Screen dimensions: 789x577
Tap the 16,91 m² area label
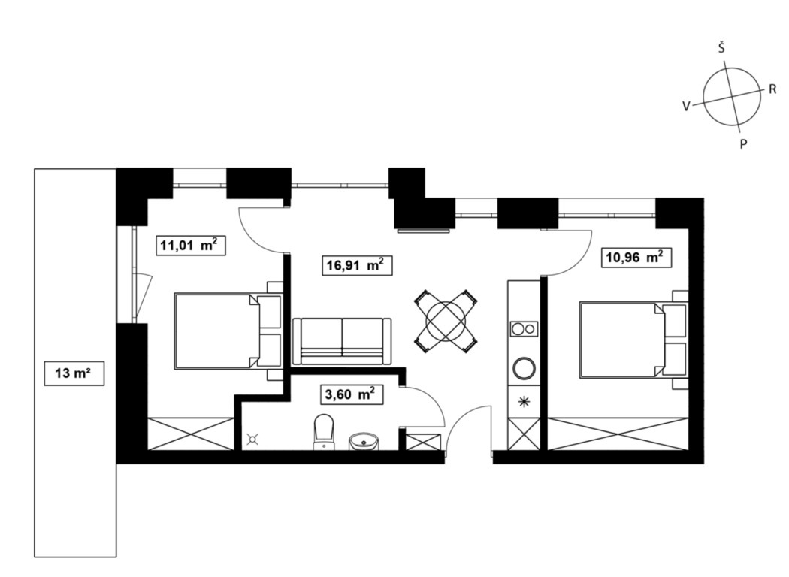[357, 265]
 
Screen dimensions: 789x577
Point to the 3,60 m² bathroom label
[351, 395]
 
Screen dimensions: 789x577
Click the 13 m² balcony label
[74, 373]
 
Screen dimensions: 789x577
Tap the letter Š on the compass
[721, 48]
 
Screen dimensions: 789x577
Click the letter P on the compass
[743, 144]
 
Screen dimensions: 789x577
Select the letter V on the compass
[686, 106]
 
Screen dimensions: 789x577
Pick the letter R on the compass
[772, 89]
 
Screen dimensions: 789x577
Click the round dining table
[446, 321]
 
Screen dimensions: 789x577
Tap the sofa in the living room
[342, 341]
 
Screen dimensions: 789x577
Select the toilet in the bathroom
[324, 431]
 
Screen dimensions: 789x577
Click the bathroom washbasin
[364, 441]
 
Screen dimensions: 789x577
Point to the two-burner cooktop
[524, 329]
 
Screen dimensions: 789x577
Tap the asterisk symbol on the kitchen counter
[524, 401]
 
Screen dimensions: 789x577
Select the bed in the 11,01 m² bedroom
[228, 331]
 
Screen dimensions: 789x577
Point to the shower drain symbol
[252, 440]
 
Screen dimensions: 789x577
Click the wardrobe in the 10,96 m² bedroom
[618, 434]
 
